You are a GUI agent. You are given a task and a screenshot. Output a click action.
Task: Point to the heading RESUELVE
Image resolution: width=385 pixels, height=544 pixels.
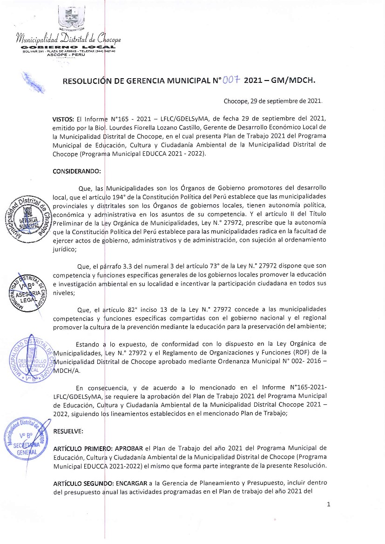tap(68, 431)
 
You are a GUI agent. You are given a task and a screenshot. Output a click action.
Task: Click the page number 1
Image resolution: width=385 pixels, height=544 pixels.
tap(328, 505)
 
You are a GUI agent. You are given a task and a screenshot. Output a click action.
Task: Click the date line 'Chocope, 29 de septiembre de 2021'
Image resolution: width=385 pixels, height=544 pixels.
tap(273, 101)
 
